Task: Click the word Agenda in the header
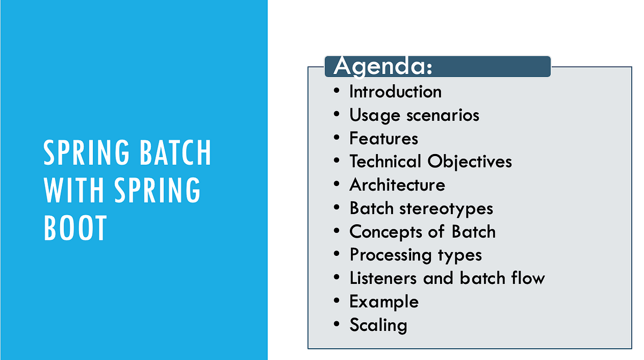tap(382, 67)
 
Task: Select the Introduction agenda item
tap(396, 92)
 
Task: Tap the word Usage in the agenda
tap(375, 116)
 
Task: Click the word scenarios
tap(443, 116)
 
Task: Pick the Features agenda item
tap(384, 138)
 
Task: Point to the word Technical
tap(385, 161)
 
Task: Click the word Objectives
tap(470, 162)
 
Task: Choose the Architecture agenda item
tap(397, 185)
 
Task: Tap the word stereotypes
tap(446, 209)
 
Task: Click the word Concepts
tap(385, 232)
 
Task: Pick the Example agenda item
tap(384, 302)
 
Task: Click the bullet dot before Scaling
tap(336, 324)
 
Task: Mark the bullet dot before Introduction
tap(336, 91)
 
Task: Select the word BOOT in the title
tap(75, 228)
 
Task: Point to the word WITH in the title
tap(74, 190)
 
